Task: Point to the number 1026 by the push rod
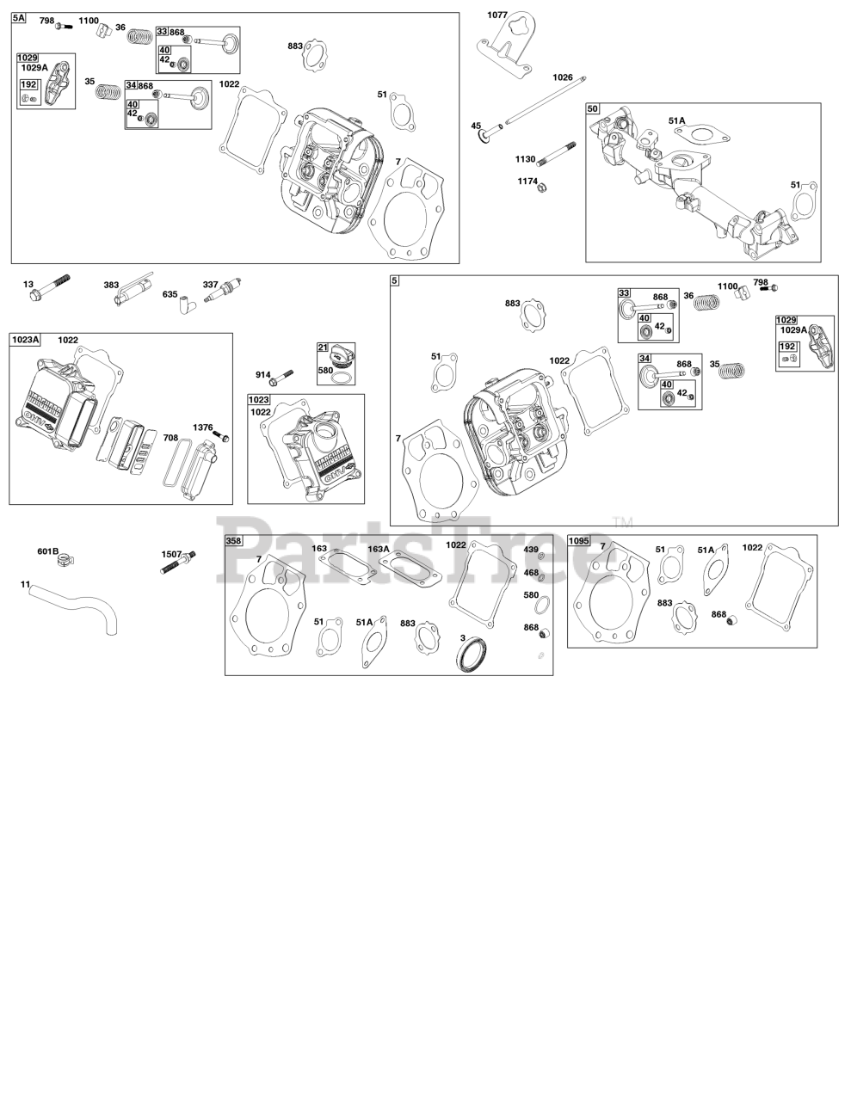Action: (x=562, y=77)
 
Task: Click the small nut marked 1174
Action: (x=542, y=188)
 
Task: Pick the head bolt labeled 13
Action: (x=50, y=287)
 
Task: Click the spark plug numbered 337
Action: (x=222, y=291)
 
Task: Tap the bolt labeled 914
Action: (x=283, y=376)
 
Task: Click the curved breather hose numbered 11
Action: (x=76, y=606)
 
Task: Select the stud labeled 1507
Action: (x=178, y=563)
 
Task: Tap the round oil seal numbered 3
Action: (x=472, y=655)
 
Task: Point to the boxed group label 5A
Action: (x=19, y=18)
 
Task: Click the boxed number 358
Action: (x=234, y=541)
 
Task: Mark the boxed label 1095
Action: (x=578, y=541)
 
